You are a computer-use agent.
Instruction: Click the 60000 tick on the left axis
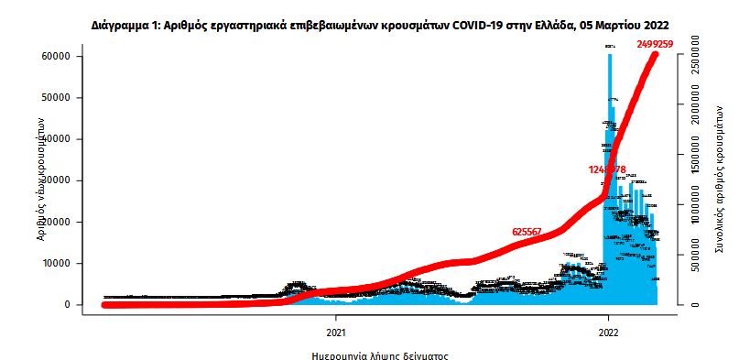click(58, 57)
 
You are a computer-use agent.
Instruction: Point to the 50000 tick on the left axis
click(58, 98)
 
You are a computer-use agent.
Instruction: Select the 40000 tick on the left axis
click(58, 139)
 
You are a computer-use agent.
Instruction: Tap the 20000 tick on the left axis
click(58, 222)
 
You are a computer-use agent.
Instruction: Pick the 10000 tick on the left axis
click(58, 264)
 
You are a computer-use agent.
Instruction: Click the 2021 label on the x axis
click(336, 332)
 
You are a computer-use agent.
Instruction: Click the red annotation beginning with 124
click(607, 169)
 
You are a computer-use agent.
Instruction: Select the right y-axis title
click(719, 182)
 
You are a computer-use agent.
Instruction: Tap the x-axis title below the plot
click(377, 353)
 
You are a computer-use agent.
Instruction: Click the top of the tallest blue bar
click(610, 55)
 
